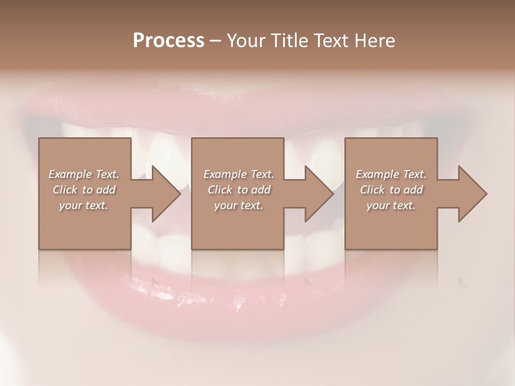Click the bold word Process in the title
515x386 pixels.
168,41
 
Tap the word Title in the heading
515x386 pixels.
291,41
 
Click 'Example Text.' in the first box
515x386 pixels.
84,174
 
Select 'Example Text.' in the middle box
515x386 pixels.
239,174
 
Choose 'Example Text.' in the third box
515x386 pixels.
391,174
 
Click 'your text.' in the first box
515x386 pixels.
84,205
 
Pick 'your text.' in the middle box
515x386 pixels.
239,205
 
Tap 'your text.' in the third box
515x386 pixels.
391,205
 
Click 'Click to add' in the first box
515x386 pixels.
84,190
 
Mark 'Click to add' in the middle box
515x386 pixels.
239,190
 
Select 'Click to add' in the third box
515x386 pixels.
391,190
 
